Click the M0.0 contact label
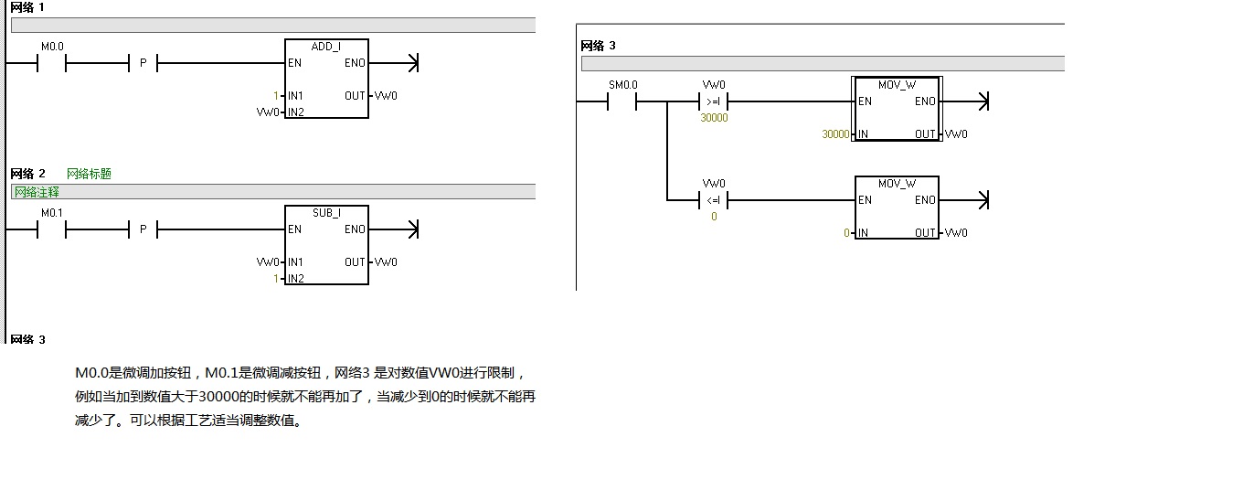(x=52, y=46)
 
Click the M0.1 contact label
(x=52, y=212)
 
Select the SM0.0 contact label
(x=622, y=85)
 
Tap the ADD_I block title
(x=326, y=47)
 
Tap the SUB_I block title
(x=326, y=213)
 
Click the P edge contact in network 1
(x=143, y=63)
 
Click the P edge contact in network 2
(x=143, y=229)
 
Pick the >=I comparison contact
(x=714, y=101)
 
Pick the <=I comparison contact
(x=714, y=200)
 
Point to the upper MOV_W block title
(x=897, y=85)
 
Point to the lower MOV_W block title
(x=897, y=184)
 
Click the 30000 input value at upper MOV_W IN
(x=835, y=134)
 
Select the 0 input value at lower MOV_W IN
(x=847, y=233)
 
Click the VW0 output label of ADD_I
(x=386, y=96)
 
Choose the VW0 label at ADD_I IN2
(x=269, y=112)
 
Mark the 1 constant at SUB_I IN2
(x=275, y=279)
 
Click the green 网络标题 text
(x=89, y=174)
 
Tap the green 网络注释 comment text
(x=37, y=191)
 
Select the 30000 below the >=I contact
(x=714, y=118)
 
